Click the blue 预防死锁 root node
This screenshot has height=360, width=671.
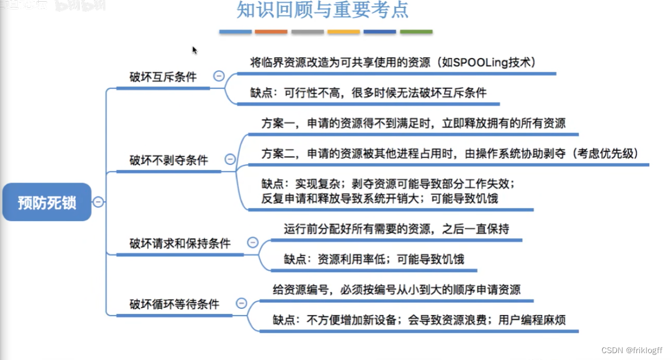coord(47,202)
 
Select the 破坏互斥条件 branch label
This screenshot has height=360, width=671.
coord(162,77)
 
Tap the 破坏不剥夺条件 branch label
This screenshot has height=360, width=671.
coord(169,160)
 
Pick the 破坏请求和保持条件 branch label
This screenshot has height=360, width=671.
coord(180,243)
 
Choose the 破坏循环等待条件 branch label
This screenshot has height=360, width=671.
coord(174,304)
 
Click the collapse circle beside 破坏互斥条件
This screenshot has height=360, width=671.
coord(218,76)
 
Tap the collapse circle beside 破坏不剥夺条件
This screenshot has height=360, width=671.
coord(230,159)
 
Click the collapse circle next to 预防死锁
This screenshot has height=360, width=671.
coord(99,201)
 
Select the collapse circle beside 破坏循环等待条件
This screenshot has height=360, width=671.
coord(242,304)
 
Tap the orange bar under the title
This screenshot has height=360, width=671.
coord(271,32)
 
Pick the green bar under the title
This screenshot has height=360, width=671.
coord(416,32)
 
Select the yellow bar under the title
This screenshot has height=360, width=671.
coord(343,32)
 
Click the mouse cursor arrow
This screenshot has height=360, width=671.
coord(194,50)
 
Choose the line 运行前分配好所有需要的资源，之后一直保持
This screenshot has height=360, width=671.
coord(396,229)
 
